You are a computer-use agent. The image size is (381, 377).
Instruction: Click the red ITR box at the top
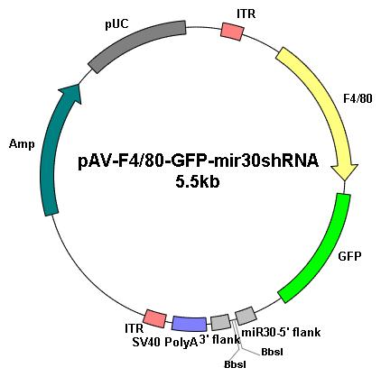(x=232, y=32)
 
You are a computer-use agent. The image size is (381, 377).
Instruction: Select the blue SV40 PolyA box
(x=190, y=324)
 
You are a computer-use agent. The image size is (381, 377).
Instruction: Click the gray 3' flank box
(x=220, y=322)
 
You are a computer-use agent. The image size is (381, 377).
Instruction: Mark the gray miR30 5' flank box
(x=246, y=316)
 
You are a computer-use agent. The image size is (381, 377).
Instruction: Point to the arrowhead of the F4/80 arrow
(x=345, y=172)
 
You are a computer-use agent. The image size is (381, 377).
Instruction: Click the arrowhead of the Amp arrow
(x=71, y=93)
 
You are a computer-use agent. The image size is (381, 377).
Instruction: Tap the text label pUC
(x=116, y=24)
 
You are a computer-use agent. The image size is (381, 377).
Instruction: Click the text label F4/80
(x=358, y=98)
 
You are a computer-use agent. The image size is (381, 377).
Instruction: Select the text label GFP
(x=349, y=256)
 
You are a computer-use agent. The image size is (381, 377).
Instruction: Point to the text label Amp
(x=22, y=144)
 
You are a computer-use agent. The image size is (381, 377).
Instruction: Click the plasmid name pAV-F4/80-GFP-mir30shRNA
(x=198, y=161)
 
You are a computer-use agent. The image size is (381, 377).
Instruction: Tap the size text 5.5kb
(x=197, y=182)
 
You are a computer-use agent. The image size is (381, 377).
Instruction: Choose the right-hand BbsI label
(x=272, y=352)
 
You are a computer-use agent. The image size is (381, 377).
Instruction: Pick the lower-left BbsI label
(x=235, y=364)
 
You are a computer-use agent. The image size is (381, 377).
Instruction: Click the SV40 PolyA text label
(x=165, y=343)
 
